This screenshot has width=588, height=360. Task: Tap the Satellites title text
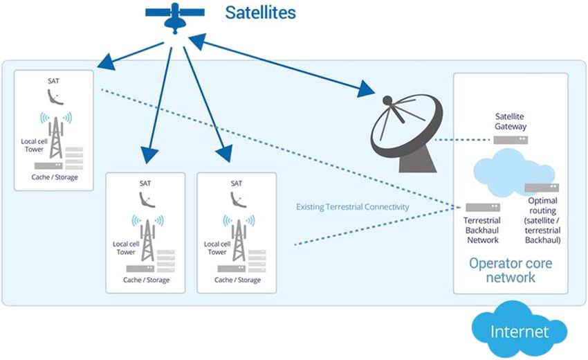coord(261,12)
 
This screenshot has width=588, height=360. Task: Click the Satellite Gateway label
coord(511,121)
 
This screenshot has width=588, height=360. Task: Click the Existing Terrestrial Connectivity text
coord(352,206)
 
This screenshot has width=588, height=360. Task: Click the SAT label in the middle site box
coord(145,183)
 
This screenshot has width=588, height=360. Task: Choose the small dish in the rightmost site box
coord(238,201)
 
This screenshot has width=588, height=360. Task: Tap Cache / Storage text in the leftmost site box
coord(55,177)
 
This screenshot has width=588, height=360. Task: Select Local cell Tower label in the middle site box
coord(125,248)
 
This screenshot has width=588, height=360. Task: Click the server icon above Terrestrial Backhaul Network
coord(478,207)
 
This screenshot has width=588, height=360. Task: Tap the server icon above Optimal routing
coord(542,188)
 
